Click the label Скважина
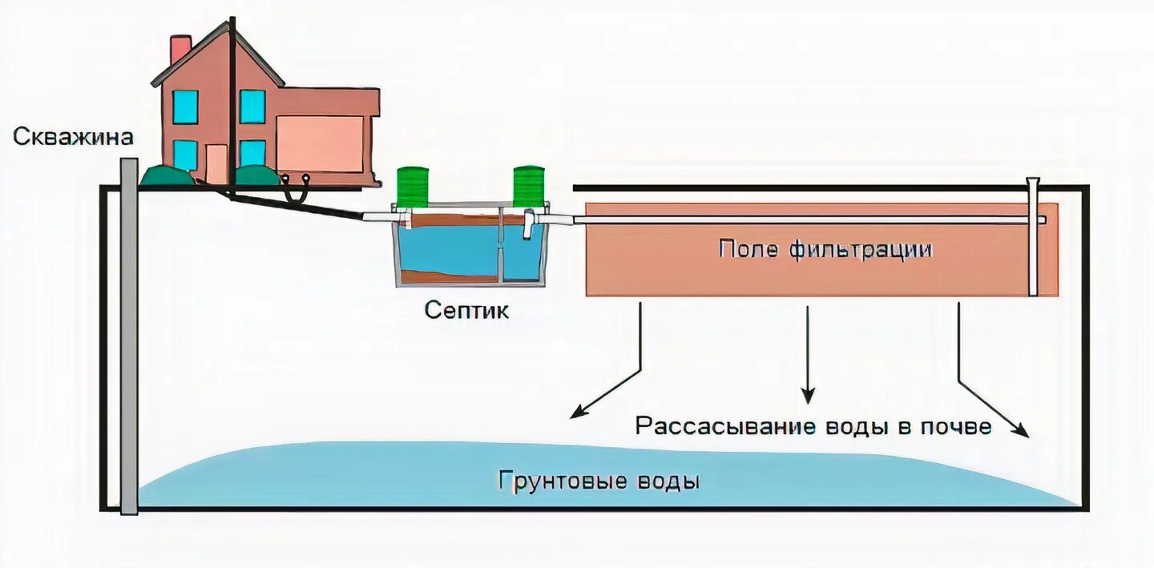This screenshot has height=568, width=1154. [x=73, y=137]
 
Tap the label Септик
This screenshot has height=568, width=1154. [x=466, y=311]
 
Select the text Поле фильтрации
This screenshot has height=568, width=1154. [x=825, y=249]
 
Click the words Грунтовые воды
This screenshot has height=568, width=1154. [x=599, y=481]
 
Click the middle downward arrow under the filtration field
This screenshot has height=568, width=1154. [x=808, y=352]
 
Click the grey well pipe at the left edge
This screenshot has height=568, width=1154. [x=128, y=336]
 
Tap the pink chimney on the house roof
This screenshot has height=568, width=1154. [x=180, y=50]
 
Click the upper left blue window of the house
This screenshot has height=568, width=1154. [x=185, y=107]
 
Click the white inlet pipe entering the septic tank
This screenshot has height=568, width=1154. [x=377, y=216]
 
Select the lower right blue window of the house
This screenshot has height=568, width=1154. [x=252, y=153]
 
